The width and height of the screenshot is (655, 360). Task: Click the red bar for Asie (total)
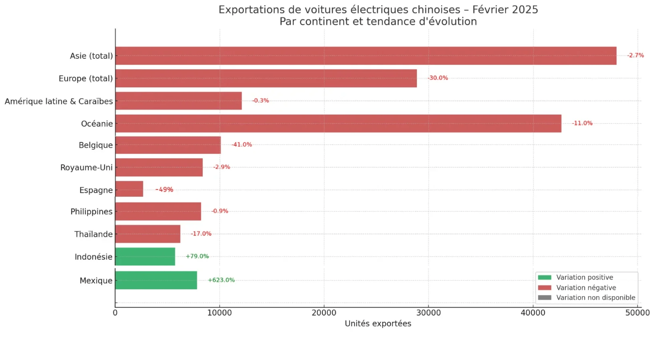(365, 56)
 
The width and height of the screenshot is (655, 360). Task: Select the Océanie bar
(338, 124)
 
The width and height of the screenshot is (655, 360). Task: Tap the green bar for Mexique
(156, 280)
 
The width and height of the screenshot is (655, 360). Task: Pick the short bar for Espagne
(129, 189)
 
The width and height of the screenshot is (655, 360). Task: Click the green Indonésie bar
(145, 257)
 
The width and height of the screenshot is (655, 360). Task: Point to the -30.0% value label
(438, 78)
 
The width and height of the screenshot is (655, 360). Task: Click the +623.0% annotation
(221, 280)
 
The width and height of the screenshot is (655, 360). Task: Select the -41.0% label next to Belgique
(242, 145)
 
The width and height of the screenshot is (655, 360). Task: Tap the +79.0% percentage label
(197, 256)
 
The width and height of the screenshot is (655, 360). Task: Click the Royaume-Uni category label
(86, 168)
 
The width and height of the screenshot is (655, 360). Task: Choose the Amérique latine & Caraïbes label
(59, 101)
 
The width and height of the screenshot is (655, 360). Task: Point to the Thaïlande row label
(93, 234)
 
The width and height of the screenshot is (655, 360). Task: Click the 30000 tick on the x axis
(429, 313)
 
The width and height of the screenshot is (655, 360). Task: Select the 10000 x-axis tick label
(219, 313)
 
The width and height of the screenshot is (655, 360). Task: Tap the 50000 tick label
(637, 313)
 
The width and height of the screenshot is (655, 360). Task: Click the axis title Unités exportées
(378, 324)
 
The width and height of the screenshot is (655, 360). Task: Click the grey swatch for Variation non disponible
(544, 298)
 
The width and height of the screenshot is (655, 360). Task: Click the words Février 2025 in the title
(505, 10)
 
